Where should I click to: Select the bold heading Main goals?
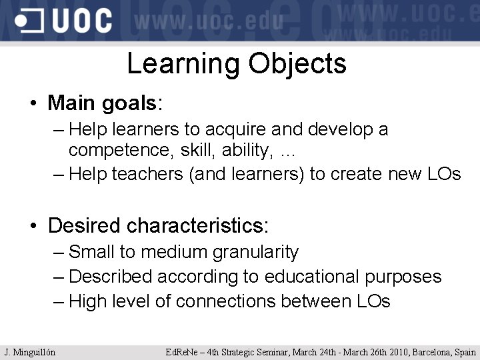pyautogui.click(x=102, y=103)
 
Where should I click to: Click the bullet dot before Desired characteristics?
pyautogui.click(x=33, y=226)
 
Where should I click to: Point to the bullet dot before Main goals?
pyautogui.click(x=33, y=104)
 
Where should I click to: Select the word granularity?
pyautogui.click(x=255, y=252)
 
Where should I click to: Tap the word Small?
pyautogui.click(x=92, y=252)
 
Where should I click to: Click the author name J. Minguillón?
pyautogui.click(x=30, y=352)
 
